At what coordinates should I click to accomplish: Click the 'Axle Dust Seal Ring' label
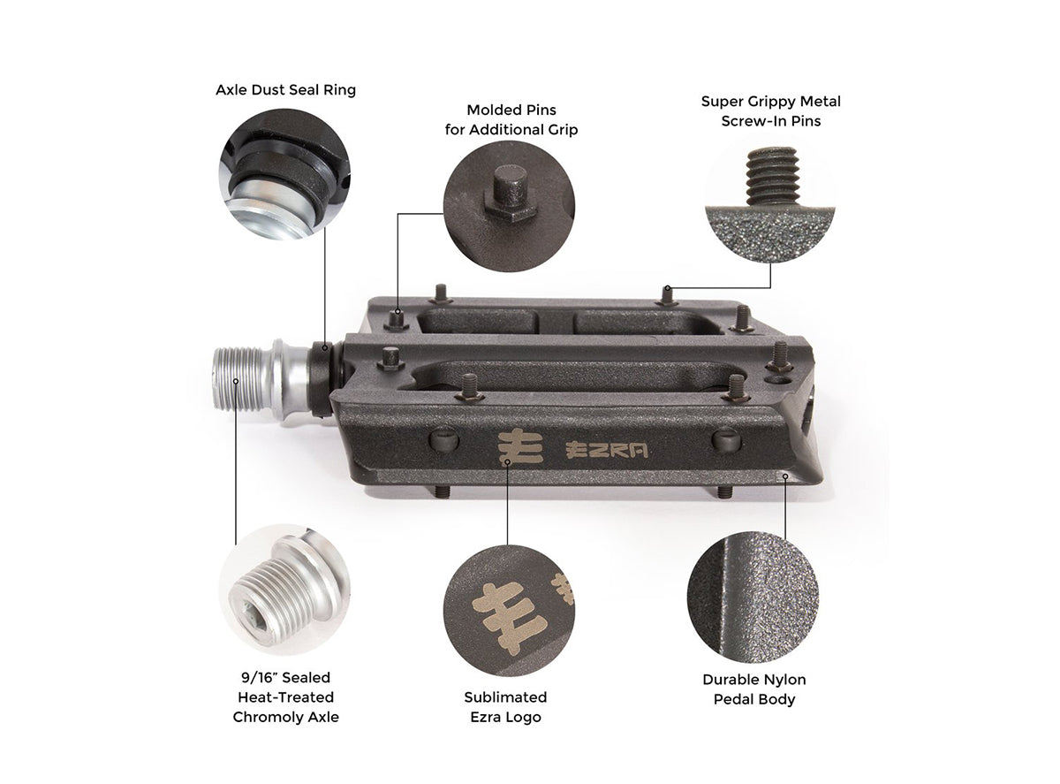(285, 90)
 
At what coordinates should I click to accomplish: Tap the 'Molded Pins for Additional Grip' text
(510, 120)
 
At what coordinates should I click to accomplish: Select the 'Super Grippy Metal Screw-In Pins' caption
(770, 110)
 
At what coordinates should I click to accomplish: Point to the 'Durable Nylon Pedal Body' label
(753, 689)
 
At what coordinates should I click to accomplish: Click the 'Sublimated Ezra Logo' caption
(505, 707)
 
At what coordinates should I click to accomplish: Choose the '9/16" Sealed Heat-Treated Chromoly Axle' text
(285, 696)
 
